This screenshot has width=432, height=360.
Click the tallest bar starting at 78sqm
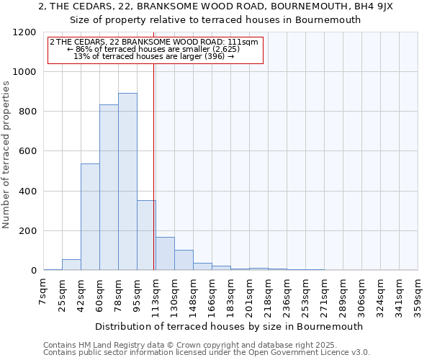[x=127, y=181]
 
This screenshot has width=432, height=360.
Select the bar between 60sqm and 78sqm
[x=109, y=187]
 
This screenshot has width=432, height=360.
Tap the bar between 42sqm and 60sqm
[x=90, y=217]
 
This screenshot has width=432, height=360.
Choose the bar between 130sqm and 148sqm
[x=184, y=260]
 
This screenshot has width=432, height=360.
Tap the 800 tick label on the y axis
[x=27, y=112]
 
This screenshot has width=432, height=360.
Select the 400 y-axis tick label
[x=27, y=192]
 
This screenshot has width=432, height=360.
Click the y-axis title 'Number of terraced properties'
[x=7, y=155]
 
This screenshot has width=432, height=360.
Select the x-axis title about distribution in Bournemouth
[x=230, y=326]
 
